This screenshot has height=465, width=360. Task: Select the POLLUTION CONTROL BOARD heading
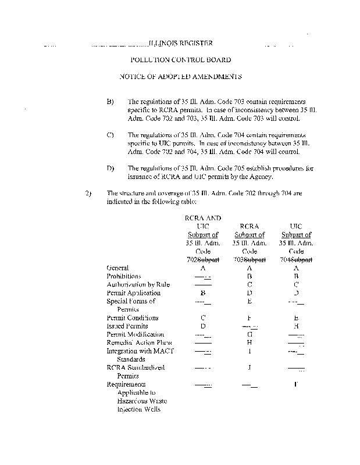tap(180, 60)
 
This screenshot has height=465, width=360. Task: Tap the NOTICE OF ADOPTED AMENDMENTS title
tap(180, 77)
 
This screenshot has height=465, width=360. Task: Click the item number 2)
tap(88, 194)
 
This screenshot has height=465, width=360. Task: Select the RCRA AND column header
tap(202, 218)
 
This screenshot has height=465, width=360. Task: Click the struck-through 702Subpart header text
tap(202, 259)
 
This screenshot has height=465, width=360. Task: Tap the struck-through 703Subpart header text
tap(248, 259)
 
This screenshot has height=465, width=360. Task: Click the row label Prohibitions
tap(124, 276)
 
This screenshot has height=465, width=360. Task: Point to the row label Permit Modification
tap(136, 334)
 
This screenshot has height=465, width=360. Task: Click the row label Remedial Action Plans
tap(136, 343)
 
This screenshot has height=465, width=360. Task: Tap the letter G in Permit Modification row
tap(248, 335)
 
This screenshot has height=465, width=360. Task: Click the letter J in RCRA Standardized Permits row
tap(248, 368)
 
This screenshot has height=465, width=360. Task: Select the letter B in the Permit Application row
tap(203, 293)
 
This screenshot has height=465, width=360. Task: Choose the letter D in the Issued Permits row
tap(203, 326)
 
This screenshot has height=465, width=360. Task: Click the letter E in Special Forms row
tap(248, 301)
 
